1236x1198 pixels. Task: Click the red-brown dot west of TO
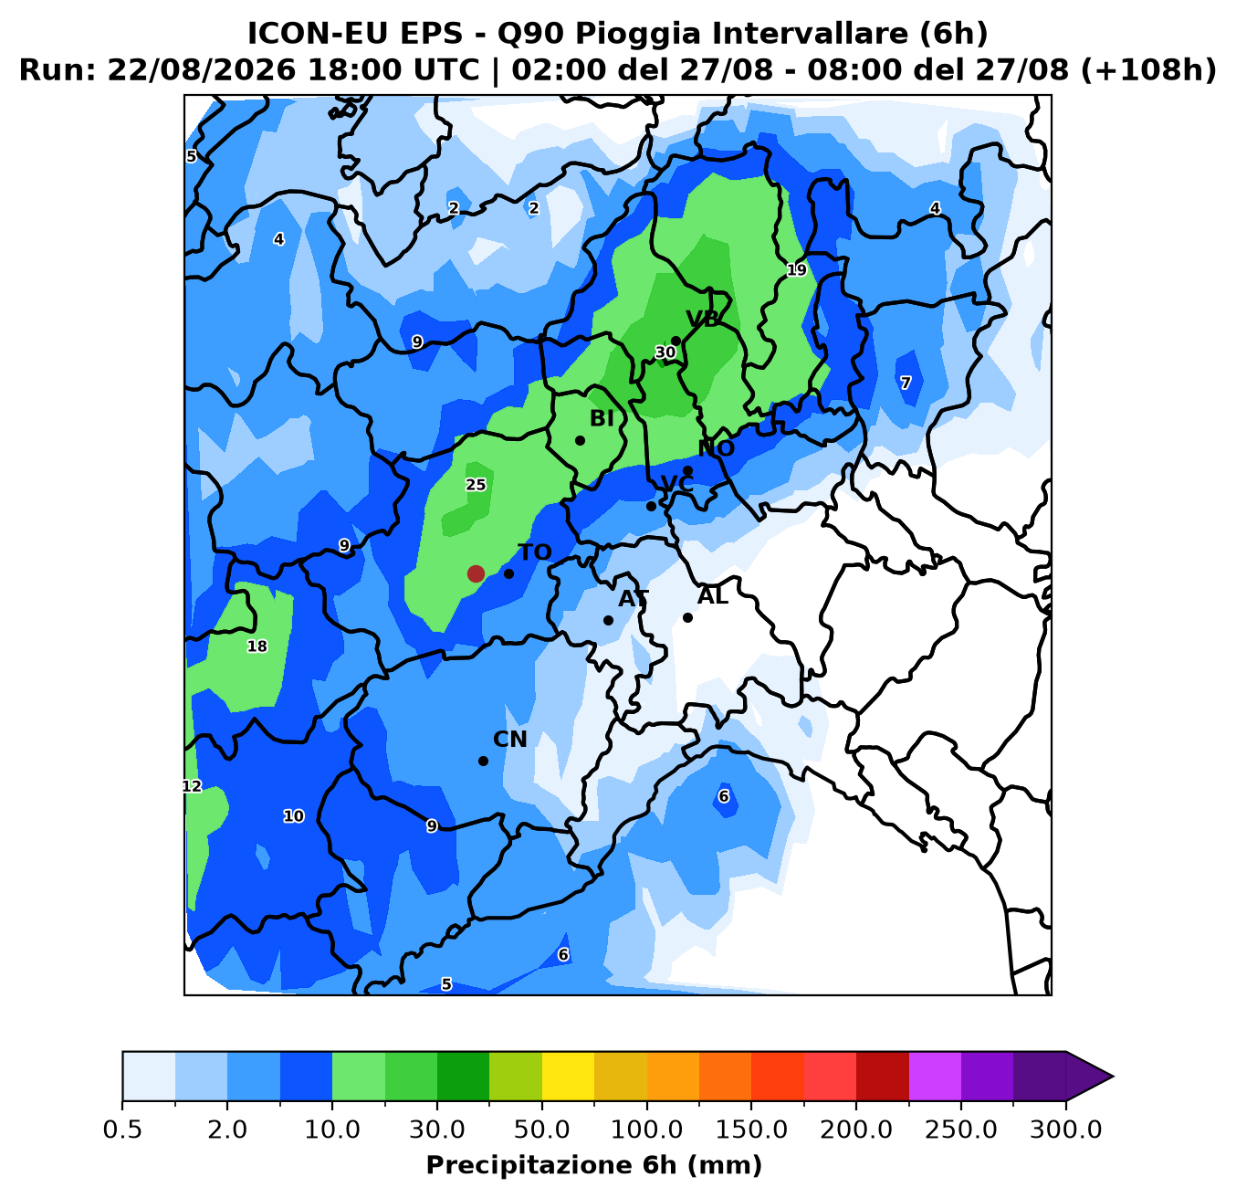point(476,573)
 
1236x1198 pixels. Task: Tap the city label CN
point(510,740)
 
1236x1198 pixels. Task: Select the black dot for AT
point(608,620)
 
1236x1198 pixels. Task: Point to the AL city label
point(712,596)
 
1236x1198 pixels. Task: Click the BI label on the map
point(602,418)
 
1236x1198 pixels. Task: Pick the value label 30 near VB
point(665,352)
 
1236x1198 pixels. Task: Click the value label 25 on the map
point(476,485)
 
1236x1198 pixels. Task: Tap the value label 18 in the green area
point(257,646)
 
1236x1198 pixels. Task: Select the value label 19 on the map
point(797,270)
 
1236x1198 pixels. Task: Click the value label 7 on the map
point(906,383)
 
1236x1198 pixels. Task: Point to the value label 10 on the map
point(293,815)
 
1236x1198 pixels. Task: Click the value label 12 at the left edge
point(192,786)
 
